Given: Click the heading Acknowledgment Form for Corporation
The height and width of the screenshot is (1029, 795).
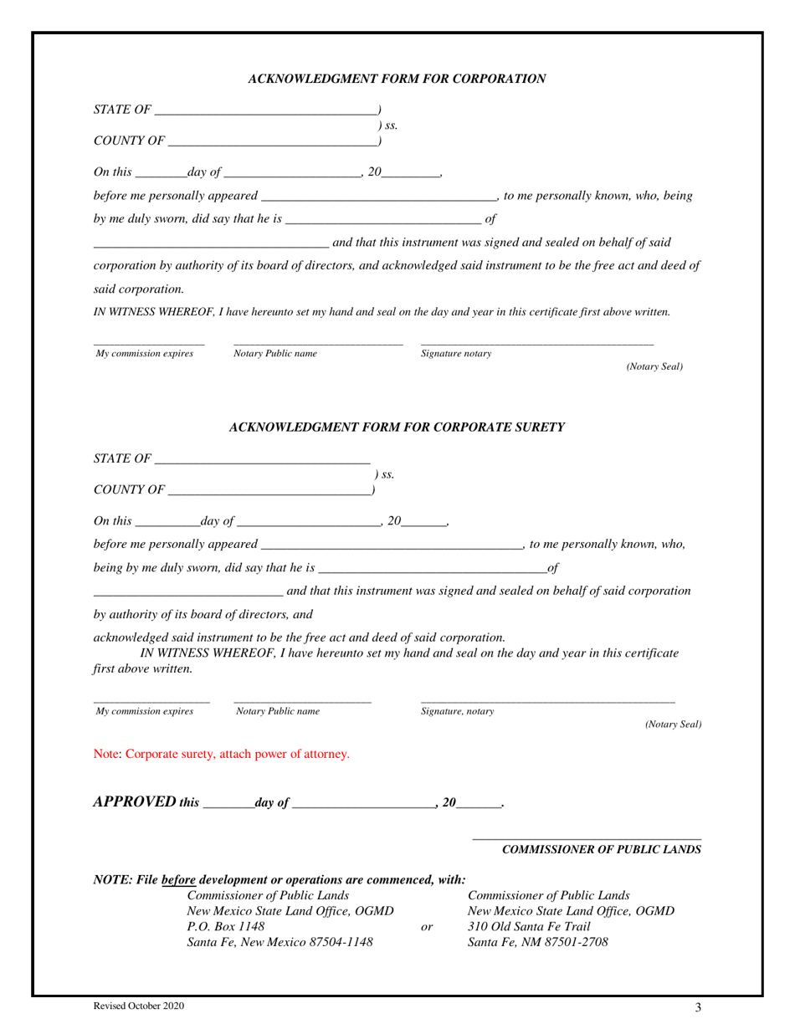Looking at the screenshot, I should click(x=397, y=79).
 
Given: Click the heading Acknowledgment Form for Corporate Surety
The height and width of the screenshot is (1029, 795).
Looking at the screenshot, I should click(x=397, y=427).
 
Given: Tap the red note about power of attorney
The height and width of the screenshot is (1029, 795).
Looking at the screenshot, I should click(x=222, y=755).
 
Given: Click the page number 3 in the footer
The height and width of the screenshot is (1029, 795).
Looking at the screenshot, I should click(x=698, y=1008).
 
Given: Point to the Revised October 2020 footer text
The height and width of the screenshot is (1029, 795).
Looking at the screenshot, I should click(x=139, y=1007).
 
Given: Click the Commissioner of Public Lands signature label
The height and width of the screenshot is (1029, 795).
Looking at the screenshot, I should click(x=601, y=850).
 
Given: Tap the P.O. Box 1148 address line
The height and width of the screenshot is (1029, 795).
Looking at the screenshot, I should click(x=226, y=927).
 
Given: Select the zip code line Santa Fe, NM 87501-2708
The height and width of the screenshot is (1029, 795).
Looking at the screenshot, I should click(x=538, y=943).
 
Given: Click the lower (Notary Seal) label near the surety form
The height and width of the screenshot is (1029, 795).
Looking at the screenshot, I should click(x=673, y=724).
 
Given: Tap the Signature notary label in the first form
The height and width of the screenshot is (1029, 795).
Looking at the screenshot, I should click(x=456, y=354).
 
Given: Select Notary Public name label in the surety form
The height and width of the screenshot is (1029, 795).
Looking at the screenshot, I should click(x=278, y=712).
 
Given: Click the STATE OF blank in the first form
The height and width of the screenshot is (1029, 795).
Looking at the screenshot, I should click(x=266, y=110).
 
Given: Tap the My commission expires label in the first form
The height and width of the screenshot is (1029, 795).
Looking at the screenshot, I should click(x=145, y=354).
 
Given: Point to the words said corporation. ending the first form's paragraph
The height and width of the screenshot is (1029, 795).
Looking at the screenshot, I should click(x=127, y=289).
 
